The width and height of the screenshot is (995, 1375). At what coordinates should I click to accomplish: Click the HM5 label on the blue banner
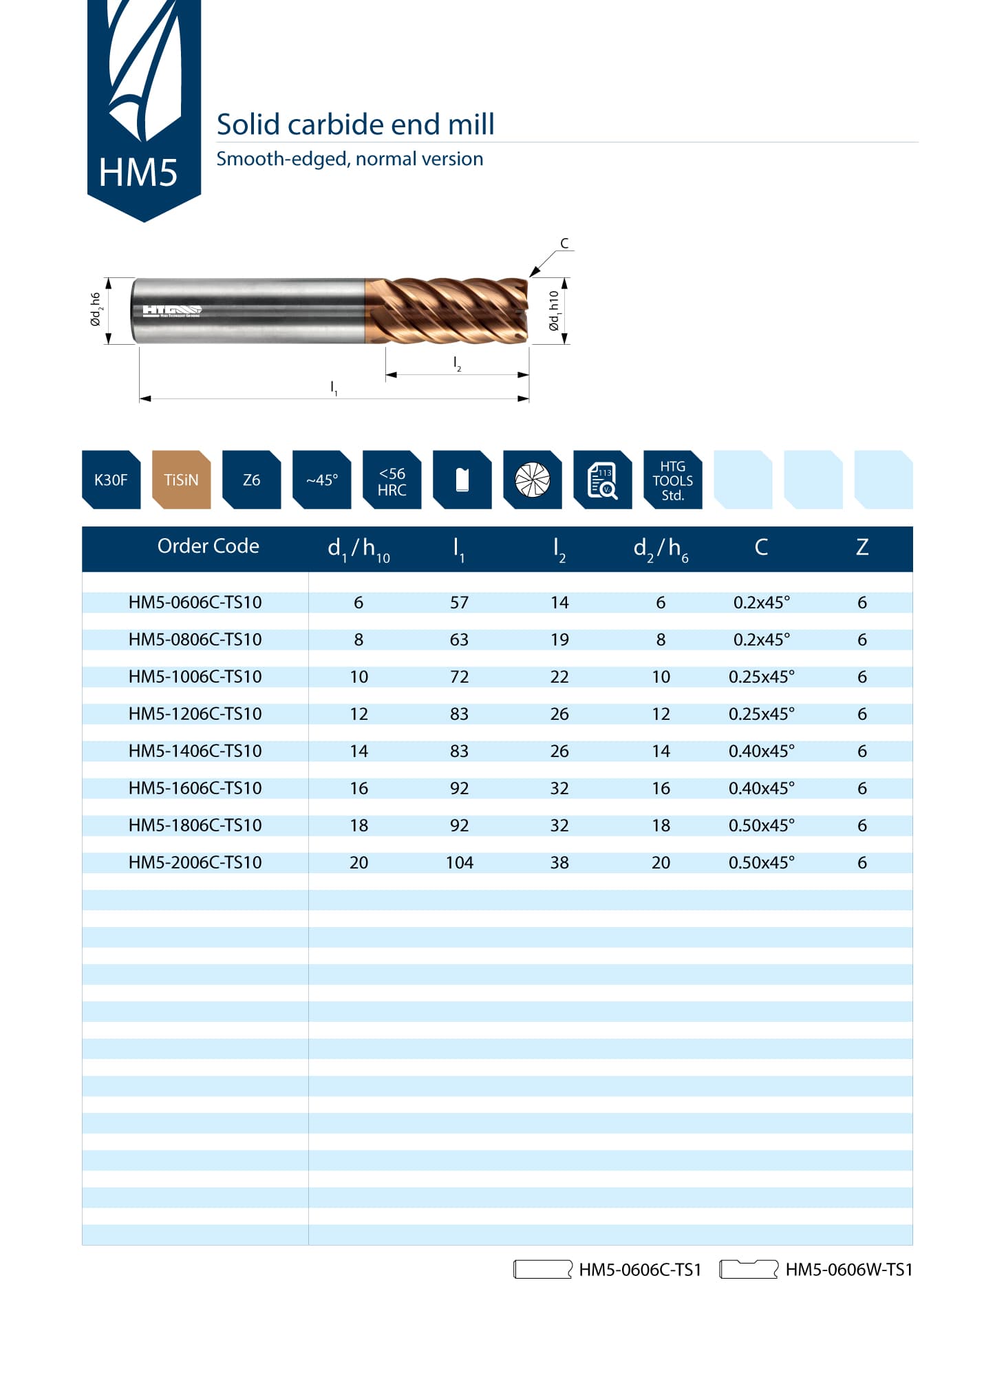138,172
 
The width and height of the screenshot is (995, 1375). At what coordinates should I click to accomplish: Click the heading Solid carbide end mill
355,125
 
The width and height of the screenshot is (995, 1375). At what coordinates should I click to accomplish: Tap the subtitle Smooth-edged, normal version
350,159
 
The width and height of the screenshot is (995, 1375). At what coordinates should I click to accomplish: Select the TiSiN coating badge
181,480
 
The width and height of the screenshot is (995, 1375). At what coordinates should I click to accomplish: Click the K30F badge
111,480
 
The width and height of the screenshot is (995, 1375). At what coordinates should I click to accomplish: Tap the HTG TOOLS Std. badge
672,480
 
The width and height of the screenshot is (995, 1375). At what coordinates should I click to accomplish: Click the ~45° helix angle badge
321,480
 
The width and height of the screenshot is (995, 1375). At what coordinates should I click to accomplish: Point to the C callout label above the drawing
564,243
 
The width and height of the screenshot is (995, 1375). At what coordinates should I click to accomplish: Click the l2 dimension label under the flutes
457,363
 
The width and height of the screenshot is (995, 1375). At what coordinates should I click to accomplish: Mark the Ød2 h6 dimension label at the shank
96,310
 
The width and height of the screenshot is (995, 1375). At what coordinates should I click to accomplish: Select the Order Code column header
208,546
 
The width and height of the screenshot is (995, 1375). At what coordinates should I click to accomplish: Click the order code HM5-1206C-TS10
195,714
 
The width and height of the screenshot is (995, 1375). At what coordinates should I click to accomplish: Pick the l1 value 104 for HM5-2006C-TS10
459,862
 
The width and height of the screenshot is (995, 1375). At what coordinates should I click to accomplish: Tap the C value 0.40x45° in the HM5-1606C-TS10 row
761,788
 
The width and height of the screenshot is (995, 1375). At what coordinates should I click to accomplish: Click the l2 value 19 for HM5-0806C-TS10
559,639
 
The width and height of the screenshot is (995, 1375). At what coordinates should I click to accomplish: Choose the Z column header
862,547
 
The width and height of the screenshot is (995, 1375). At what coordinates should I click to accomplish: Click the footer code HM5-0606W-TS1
848,1270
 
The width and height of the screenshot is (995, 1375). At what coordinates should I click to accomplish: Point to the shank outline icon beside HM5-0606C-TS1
543,1269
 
